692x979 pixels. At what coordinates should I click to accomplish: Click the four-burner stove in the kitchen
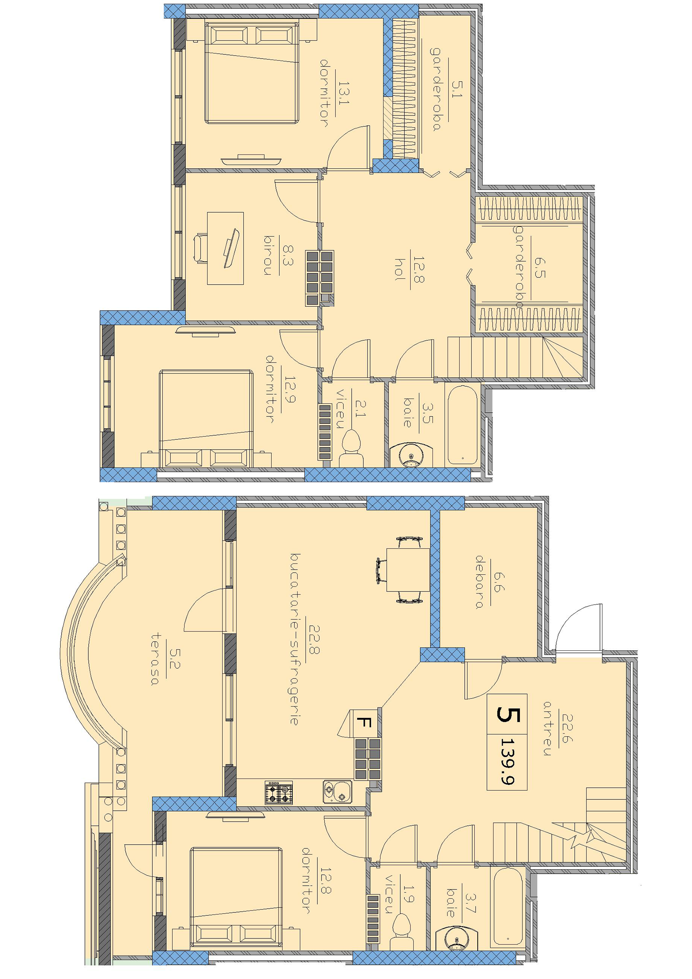[279, 793]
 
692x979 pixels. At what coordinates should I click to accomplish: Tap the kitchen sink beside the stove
[338, 792]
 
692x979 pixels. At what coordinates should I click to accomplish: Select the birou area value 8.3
[288, 255]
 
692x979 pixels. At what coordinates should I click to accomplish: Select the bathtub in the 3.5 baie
[462, 425]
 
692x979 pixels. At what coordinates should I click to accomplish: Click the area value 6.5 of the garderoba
[539, 268]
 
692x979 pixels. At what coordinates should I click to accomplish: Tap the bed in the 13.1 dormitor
[252, 72]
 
